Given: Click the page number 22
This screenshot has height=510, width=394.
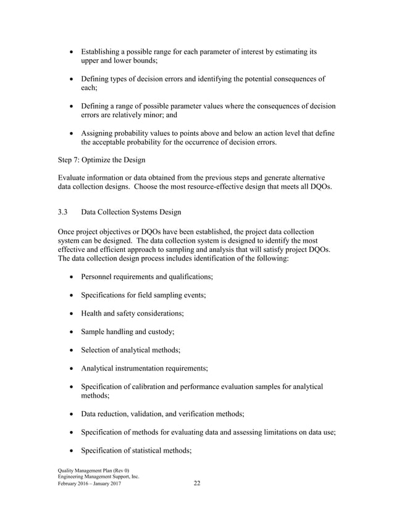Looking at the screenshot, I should point(197,483).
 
